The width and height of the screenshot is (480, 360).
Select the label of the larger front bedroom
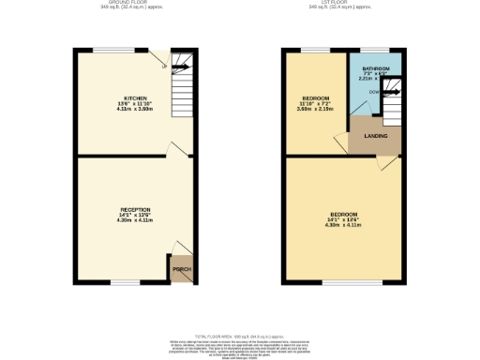(342, 215)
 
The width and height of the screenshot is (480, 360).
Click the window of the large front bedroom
(340, 282)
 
